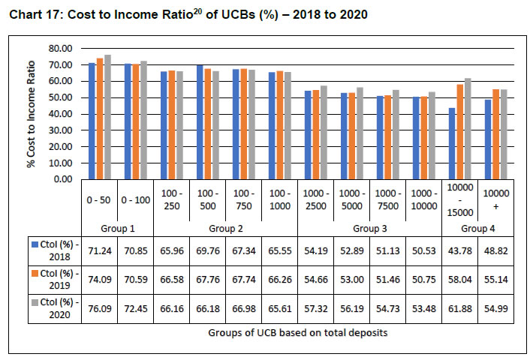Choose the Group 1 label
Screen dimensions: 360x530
(116, 226)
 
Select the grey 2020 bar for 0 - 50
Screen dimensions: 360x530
(107, 117)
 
